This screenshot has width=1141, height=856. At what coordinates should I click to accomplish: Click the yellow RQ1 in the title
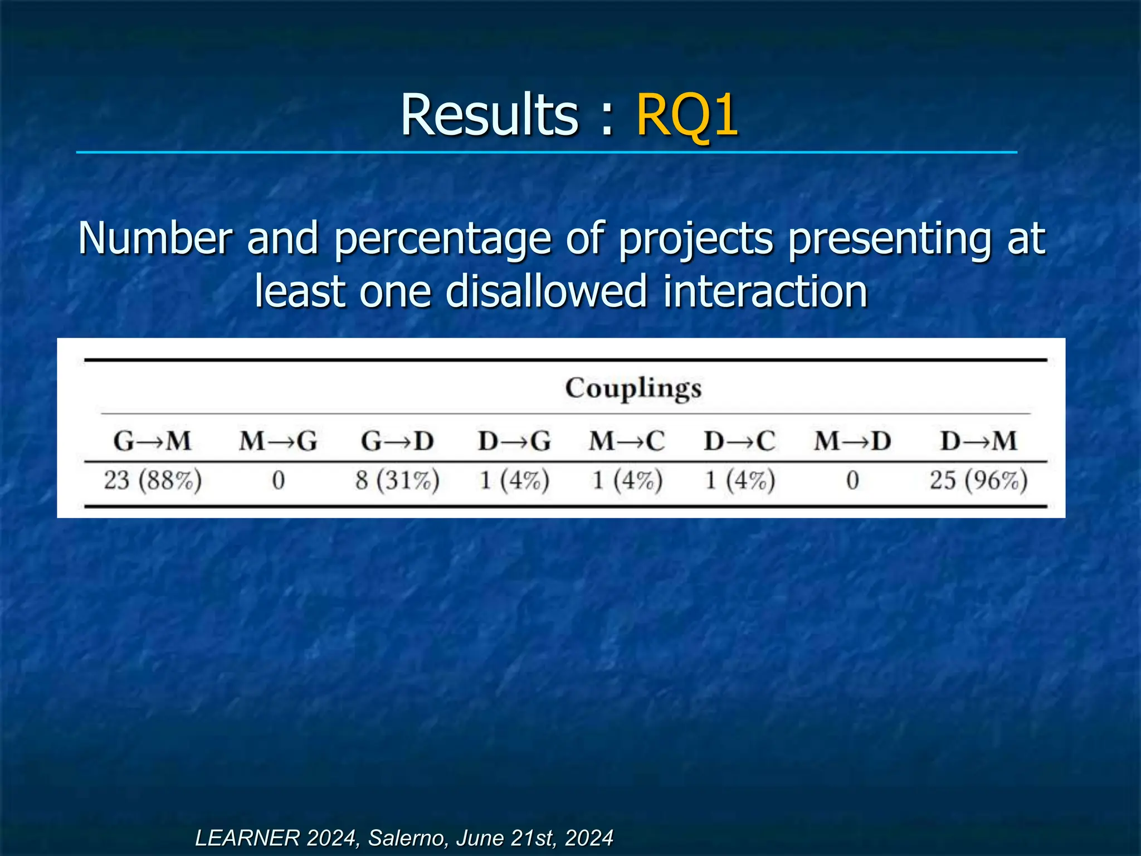coord(687,115)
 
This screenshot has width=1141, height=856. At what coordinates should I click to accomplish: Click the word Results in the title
coord(490,115)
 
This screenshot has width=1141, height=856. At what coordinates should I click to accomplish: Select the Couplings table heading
coord(633,388)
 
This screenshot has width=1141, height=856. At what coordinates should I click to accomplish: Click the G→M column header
coord(152,441)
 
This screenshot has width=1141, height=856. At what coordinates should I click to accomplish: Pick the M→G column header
coord(278,441)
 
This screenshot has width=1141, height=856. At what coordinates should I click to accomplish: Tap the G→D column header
coord(397,441)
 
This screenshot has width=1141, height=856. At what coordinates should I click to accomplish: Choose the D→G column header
coord(514,441)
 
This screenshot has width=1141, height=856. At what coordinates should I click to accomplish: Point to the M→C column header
coord(627,441)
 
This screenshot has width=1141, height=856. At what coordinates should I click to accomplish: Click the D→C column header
coord(739,441)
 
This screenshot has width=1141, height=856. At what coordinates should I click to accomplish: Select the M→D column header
coord(852,441)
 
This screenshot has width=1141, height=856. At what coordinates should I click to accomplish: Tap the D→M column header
coord(979,441)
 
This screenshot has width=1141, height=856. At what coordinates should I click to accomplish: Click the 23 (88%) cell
coord(153,480)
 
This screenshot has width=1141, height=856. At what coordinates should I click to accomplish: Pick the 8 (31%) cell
coord(397,480)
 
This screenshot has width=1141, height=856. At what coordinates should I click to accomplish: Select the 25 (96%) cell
coord(978,480)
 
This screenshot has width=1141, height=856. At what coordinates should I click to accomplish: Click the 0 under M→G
coord(279,480)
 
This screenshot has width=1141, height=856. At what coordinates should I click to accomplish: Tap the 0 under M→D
coord(852,480)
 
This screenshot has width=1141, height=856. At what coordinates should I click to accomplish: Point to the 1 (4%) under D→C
coord(740,480)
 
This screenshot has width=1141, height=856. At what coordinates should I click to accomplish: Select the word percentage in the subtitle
coord(443,239)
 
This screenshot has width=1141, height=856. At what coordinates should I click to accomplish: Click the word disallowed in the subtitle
coord(546,291)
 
